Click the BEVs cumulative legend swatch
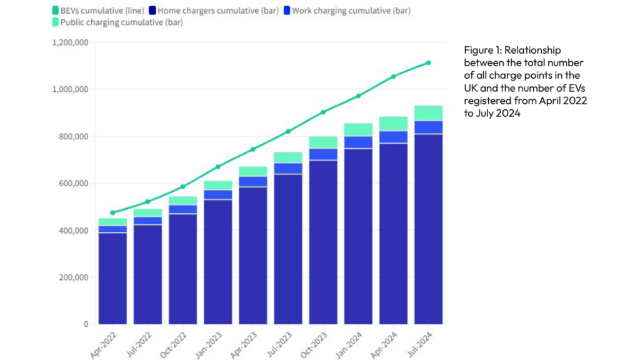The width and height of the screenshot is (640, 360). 56,11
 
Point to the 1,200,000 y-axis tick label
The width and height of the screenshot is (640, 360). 70,42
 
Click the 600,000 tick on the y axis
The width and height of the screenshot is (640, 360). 74,184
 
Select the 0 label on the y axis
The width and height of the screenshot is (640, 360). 85,324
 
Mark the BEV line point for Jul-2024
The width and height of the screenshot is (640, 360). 428,62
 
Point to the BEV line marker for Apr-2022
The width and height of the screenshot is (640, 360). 112,212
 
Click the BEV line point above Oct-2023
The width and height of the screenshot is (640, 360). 323,112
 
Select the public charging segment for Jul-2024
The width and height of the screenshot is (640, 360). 428,113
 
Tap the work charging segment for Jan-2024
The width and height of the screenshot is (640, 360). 358,142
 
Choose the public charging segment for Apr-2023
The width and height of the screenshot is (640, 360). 252,171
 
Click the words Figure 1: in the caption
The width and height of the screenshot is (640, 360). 482,50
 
